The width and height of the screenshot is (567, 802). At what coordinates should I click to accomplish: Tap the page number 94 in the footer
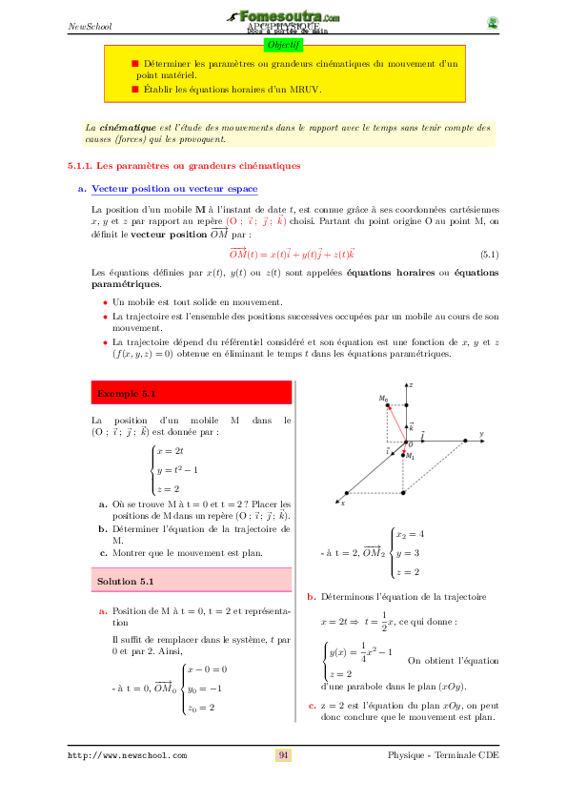coord(283,755)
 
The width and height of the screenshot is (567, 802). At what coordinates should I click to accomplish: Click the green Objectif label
coord(283,44)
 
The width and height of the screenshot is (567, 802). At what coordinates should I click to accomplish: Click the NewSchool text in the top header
coord(90,26)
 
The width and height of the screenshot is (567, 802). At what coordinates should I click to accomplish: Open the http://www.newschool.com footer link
coord(127,755)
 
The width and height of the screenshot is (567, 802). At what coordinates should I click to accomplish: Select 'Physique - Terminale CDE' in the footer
coord(443,755)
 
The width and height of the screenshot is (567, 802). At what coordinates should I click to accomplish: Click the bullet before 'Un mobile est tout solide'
coord(105,302)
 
